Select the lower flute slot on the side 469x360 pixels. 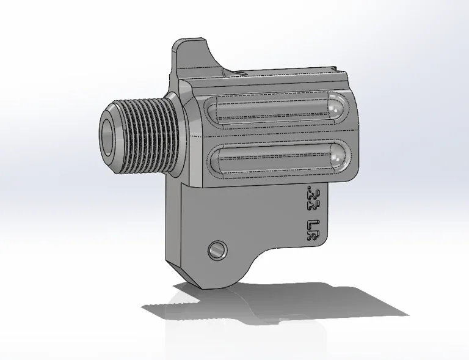pos(275,160)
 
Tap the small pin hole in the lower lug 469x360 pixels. pos(216,249)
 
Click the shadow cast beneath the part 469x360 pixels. pos(275,306)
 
